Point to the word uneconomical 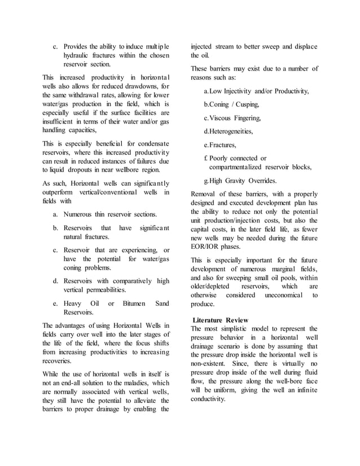click(280, 294)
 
